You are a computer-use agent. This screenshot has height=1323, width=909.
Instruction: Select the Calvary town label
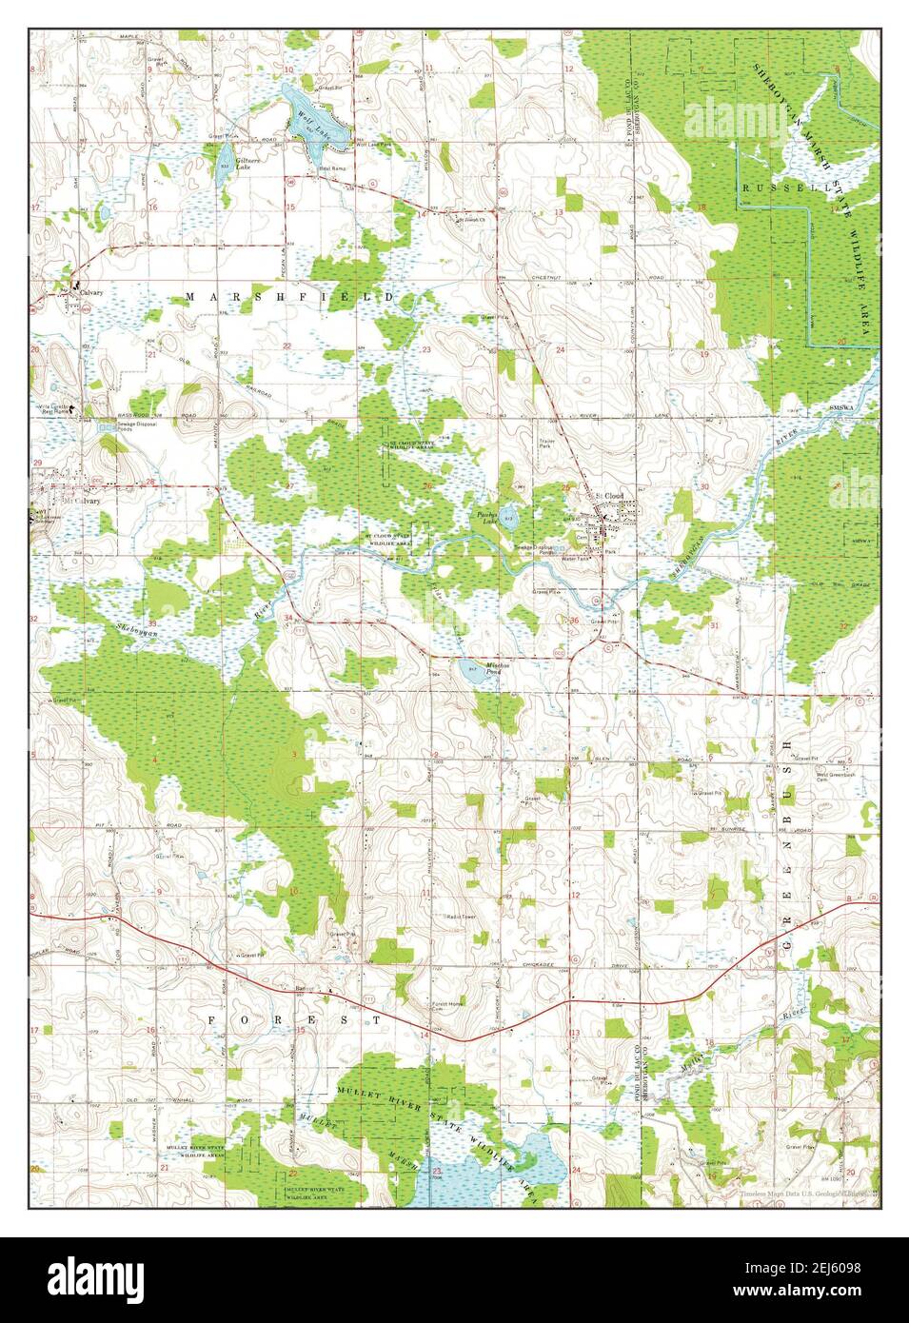91,293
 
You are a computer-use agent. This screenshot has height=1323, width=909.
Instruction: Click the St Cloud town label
608,495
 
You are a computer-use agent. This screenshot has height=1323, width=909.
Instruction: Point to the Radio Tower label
462,917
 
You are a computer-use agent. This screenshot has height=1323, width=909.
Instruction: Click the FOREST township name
293,1019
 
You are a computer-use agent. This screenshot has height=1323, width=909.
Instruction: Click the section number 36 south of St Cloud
573,621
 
